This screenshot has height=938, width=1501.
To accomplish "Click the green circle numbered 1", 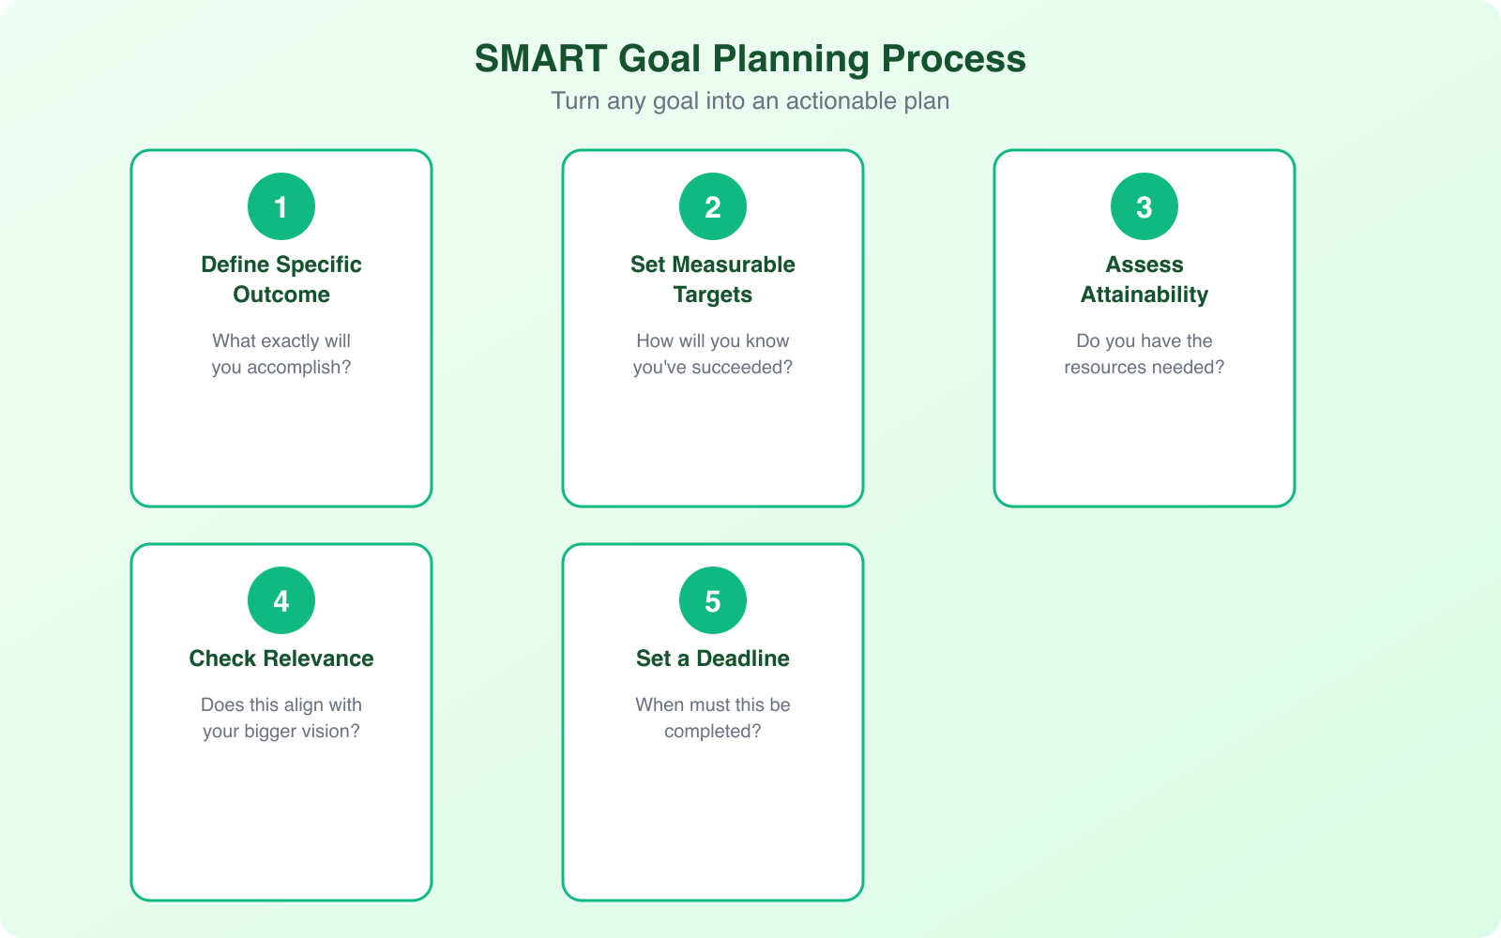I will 281,206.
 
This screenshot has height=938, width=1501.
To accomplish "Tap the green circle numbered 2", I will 713,206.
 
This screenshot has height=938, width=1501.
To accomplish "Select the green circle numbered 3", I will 1145,206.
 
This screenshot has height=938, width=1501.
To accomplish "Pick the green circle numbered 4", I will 281,600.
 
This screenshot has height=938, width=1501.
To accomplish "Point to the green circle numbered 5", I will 713,600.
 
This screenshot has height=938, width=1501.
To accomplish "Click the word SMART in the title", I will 540,59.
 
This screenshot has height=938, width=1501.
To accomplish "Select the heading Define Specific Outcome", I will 281,280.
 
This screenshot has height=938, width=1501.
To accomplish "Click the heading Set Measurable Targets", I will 713,280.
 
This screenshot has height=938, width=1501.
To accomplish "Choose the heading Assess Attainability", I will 1145,280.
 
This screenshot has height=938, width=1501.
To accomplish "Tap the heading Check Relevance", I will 281,658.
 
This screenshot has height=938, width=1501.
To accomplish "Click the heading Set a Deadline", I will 713,658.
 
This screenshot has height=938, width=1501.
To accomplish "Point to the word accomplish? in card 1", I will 298,368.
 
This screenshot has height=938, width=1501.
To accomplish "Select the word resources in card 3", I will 1105,368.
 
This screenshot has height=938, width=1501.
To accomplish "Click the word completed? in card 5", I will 713,732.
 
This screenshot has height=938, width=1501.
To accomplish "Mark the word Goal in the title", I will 660,59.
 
